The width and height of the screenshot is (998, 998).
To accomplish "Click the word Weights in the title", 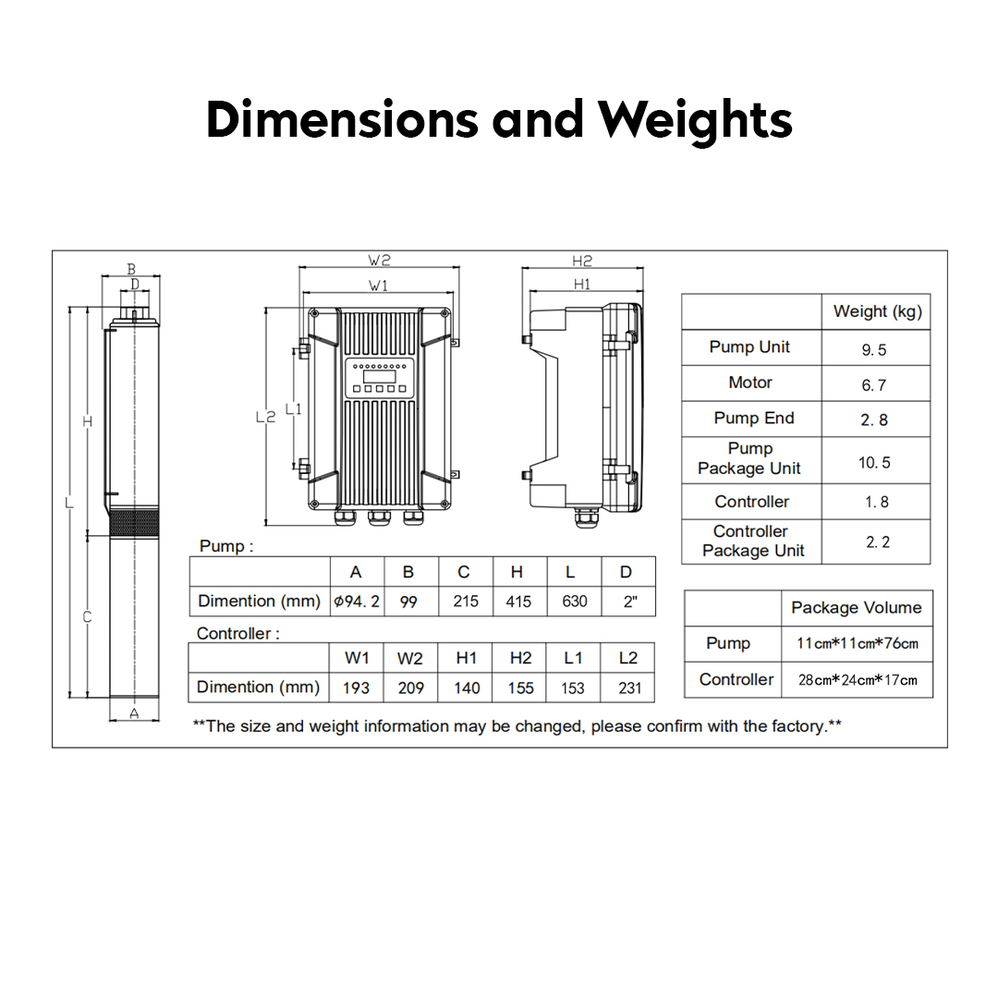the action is [695, 119].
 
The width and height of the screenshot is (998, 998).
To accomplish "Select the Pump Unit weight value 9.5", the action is [874, 350].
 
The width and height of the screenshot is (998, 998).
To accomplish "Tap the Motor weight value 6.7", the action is [874, 385].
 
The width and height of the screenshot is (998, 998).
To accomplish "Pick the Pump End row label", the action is [754, 419].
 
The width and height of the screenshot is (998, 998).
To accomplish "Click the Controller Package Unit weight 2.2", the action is [878, 542].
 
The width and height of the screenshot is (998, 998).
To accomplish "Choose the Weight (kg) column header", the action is [878, 311].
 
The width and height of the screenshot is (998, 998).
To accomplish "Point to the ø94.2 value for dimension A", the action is [357, 601].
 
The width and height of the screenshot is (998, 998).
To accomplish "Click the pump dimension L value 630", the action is [574, 602].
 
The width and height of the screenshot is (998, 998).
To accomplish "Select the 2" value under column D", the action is [630, 602].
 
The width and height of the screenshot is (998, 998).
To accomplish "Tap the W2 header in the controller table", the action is [410, 658].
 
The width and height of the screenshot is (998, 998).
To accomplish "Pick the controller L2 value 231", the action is [629, 688].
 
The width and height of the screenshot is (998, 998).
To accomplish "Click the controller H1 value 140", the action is [467, 688].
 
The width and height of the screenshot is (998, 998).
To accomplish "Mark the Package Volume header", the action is [856, 608].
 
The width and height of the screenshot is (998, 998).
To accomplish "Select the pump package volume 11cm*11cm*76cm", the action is [858, 643].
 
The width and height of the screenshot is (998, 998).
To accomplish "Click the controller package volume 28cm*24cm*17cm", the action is [858, 680].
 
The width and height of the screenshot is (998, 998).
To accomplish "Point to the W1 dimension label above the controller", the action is [378, 286].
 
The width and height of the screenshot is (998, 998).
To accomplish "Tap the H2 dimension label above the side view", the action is [582, 261].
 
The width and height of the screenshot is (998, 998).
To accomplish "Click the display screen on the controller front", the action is [380, 376].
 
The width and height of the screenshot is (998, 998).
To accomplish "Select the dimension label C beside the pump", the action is [87, 616].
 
